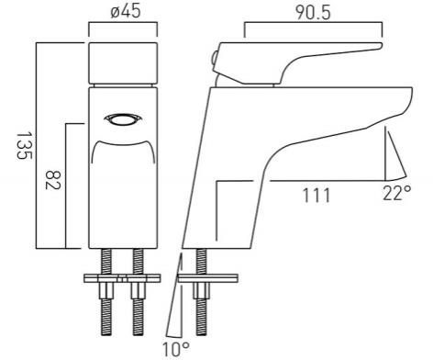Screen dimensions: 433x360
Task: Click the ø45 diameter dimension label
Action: point(126,12)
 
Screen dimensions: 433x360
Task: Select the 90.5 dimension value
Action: point(313,13)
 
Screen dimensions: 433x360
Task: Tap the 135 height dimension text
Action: point(24,145)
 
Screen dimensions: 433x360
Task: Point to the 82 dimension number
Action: point(53,180)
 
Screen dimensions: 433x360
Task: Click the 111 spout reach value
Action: point(316,196)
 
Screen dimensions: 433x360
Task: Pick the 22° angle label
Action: point(397,193)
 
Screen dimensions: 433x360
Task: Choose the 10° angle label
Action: point(175,349)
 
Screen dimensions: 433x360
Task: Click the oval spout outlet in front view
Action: point(123,119)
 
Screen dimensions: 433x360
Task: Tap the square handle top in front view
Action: point(123,63)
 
